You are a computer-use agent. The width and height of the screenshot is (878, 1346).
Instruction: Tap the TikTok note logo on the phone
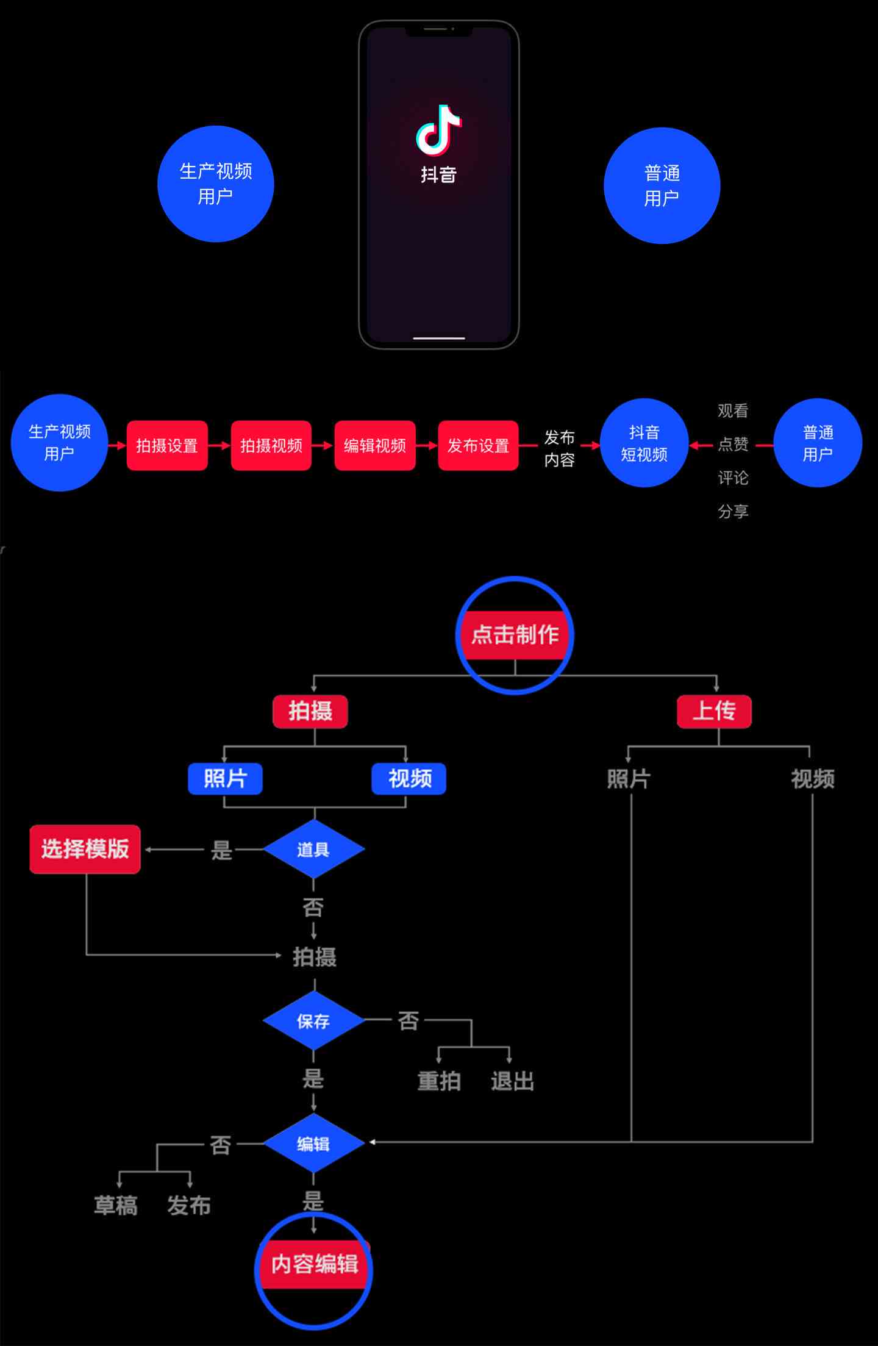click(438, 129)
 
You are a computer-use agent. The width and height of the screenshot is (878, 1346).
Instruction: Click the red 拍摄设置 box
click(167, 446)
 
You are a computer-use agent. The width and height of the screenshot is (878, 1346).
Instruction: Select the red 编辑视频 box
click(375, 446)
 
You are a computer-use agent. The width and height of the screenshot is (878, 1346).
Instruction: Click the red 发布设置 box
click(478, 446)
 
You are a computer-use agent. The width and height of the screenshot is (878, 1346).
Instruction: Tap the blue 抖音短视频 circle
click(644, 443)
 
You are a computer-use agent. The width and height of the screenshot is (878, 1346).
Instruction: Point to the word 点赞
click(733, 444)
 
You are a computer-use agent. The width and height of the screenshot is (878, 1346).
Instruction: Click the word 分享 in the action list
click(733, 511)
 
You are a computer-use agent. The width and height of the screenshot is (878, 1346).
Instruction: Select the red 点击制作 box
click(515, 635)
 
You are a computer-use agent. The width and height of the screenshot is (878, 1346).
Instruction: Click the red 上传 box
click(714, 711)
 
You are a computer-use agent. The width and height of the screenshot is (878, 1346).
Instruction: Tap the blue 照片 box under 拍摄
click(225, 779)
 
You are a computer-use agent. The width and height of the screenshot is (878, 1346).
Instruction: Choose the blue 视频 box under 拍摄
click(409, 779)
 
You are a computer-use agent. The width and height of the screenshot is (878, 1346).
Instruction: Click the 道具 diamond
click(313, 850)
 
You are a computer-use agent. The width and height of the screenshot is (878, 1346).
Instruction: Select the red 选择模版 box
click(85, 850)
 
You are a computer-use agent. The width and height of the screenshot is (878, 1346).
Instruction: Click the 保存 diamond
click(313, 1021)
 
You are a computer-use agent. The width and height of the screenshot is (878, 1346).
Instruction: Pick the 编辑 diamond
click(313, 1144)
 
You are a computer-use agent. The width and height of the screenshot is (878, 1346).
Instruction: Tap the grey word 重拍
click(439, 1081)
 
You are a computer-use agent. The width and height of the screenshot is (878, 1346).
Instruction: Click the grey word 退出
click(512, 1081)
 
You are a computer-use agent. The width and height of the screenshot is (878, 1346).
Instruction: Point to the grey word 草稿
click(116, 1206)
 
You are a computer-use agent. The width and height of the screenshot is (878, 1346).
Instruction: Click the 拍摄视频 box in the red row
click(271, 446)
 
